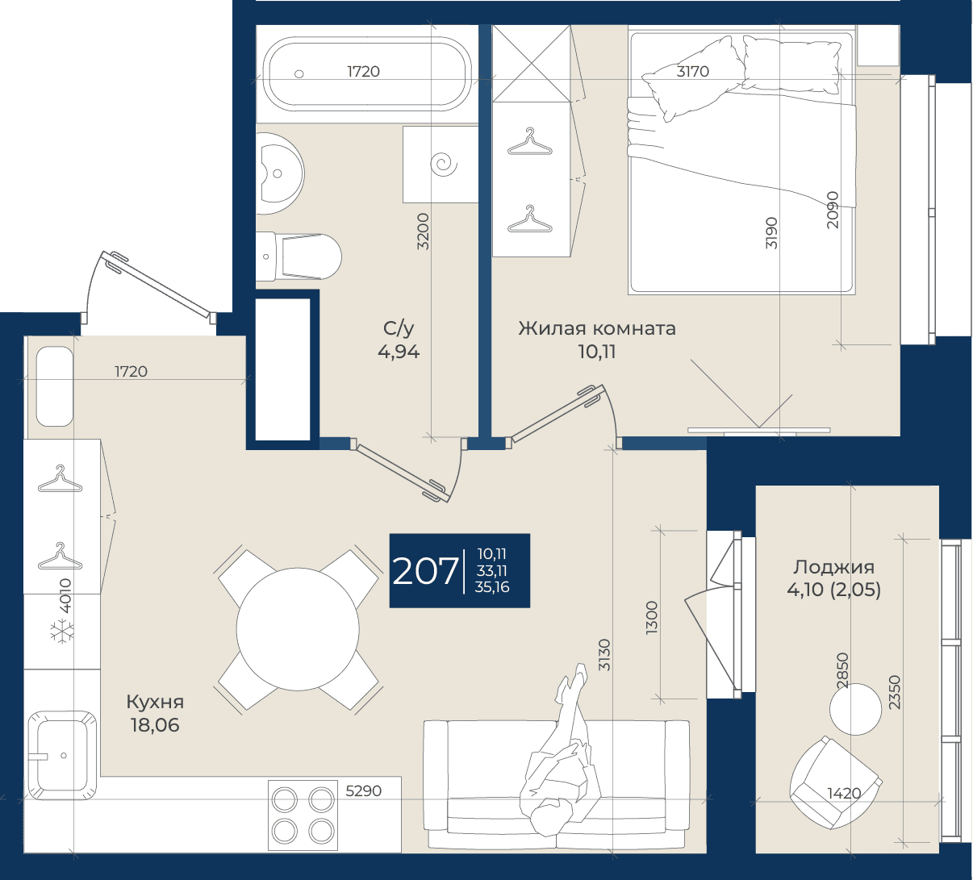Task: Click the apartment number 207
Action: click(425, 571)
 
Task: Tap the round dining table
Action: click(298, 630)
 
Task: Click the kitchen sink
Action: click(62, 755)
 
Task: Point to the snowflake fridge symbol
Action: click(63, 632)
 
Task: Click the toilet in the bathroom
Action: click(299, 257)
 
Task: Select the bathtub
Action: click(367, 74)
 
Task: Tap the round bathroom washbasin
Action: click(279, 173)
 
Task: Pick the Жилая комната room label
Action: click(596, 328)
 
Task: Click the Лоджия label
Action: click(833, 566)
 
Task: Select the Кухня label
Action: click(155, 702)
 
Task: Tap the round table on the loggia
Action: click(855, 709)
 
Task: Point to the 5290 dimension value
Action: click(363, 790)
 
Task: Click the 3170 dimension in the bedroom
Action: click(693, 72)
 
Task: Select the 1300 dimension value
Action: click(651, 618)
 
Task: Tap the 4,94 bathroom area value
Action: click(399, 352)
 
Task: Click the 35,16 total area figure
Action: click(492, 587)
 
